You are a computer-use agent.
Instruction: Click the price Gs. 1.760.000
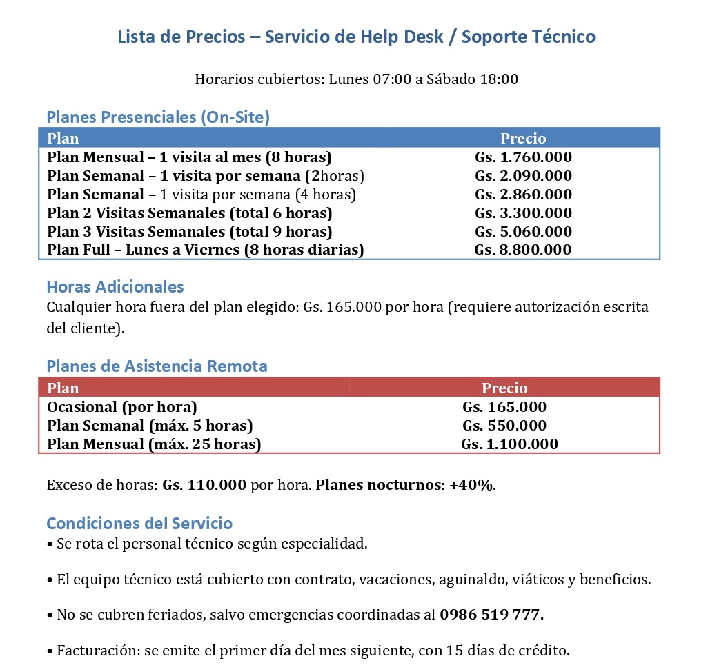[523, 157]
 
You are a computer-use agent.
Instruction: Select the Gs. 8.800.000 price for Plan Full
[522, 250]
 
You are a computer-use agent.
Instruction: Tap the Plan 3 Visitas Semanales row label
[189, 232]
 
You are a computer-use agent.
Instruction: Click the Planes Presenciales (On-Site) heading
[158, 117]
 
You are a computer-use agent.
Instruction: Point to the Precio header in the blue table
[523, 139]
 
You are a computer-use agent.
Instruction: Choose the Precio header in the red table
[504, 388]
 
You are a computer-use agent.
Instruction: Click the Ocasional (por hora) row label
[122, 407]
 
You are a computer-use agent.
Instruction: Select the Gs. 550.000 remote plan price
[504, 426]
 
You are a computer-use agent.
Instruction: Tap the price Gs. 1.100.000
[509, 444]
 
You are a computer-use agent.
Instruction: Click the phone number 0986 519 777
[491, 614]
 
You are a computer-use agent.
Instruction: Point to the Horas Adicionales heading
[115, 286]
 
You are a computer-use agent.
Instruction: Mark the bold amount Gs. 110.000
[204, 485]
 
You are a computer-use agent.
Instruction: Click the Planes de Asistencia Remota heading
[157, 366]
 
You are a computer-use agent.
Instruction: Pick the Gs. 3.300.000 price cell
[523, 213]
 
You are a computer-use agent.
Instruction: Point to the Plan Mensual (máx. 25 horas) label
[154, 444]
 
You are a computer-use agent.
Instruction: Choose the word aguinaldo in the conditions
[472, 580]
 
